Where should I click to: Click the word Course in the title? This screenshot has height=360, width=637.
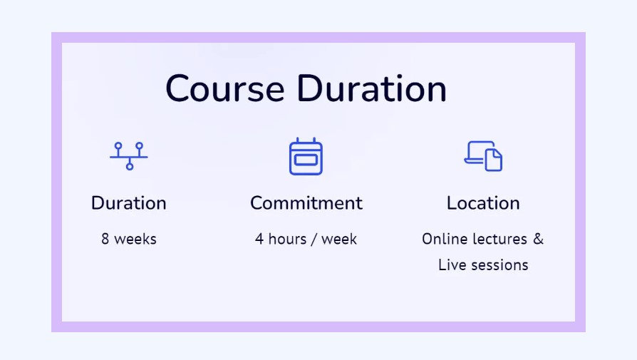point(225,88)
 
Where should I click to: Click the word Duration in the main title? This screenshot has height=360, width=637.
point(372,88)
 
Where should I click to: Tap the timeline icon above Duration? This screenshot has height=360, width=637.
point(129,156)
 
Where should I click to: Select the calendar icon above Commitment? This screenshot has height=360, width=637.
point(306,156)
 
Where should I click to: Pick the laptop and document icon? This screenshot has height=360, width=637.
point(483,156)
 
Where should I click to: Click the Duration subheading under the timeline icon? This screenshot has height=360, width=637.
point(129,203)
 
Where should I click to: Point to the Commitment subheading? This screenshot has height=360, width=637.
point(306,203)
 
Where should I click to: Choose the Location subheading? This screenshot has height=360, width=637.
point(483,203)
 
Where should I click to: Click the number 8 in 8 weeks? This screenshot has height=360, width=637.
point(105,239)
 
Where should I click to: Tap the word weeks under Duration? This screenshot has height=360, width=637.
point(135,239)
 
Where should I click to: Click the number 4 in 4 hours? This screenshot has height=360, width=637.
point(259,239)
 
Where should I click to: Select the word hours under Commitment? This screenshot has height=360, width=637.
point(288,239)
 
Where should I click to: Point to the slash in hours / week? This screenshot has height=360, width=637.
point(314,240)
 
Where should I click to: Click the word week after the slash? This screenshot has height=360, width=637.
point(339,239)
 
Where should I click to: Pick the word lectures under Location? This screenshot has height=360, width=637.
point(497,239)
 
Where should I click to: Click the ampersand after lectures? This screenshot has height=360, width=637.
point(538,239)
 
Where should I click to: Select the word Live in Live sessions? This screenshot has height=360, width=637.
point(452,265)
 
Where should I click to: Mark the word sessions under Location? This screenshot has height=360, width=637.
point(499,265)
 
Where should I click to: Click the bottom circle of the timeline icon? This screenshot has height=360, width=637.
point(130,166)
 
